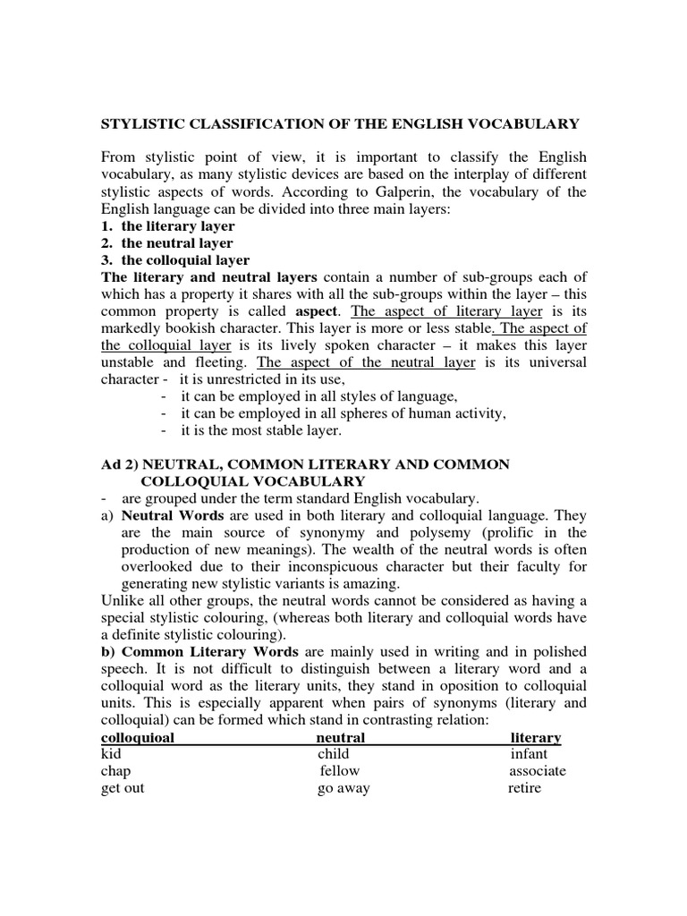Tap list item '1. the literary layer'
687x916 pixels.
tap(169, 226)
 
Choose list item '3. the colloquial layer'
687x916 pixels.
tap(174, 260)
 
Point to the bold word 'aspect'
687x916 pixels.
tap(320, 312)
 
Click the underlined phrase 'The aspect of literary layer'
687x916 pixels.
tap(446, 312)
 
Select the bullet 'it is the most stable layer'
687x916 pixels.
tap(261, 430)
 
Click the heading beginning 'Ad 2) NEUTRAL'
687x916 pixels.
tap(304, 464)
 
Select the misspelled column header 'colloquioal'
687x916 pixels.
tap(138, 738)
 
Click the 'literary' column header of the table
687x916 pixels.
tap(535, 738)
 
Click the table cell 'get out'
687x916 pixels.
tap(123, 789)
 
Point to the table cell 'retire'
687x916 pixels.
tap(525, 789)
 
